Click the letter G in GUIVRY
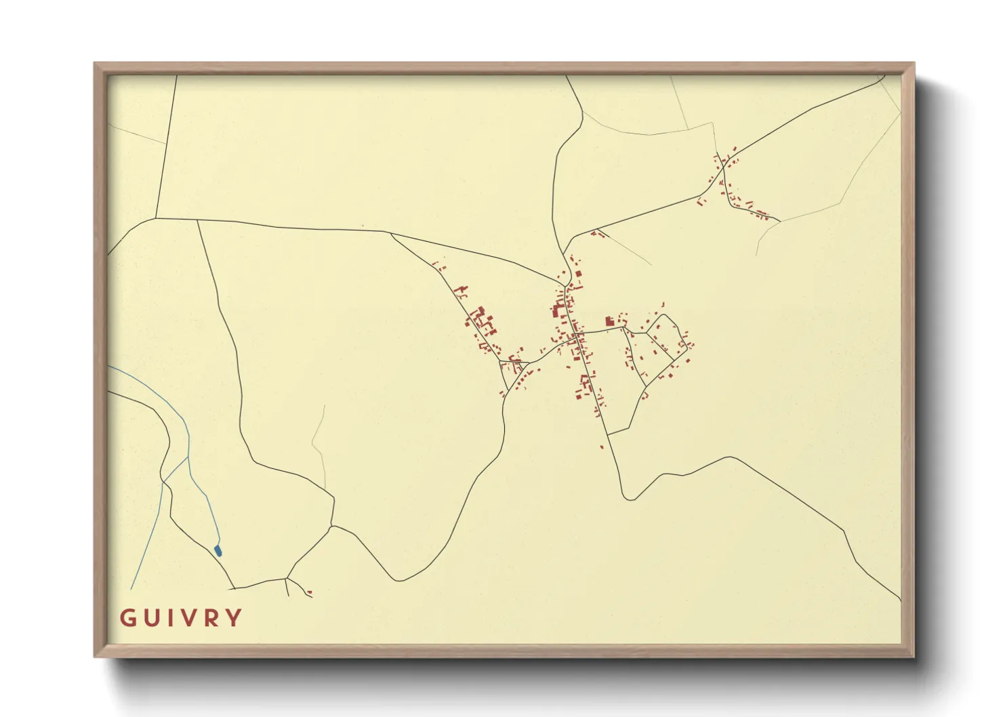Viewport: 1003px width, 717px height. pos(126,618)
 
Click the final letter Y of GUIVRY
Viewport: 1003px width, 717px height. pos(234,618)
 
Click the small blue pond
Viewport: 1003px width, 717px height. pos(218,550)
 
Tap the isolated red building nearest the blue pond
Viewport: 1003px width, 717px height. pos(309,592)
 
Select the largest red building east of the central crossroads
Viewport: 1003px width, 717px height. pos(609,321)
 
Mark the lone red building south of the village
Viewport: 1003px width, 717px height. pos(602,446)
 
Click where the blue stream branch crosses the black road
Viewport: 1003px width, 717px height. pos(163,481)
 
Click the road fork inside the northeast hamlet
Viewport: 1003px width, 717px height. pos(724,164)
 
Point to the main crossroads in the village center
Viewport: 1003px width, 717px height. pos(576,333)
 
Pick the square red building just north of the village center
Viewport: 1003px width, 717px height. pos(579,274)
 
